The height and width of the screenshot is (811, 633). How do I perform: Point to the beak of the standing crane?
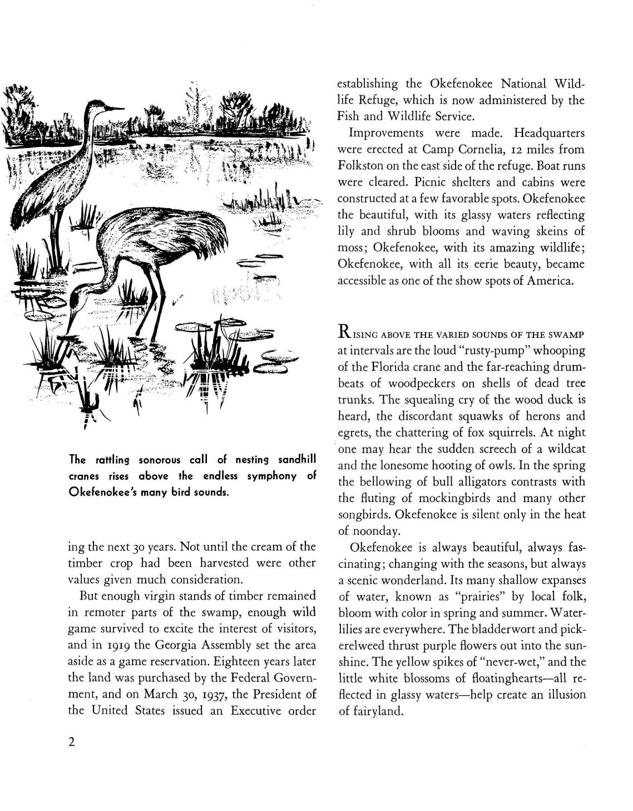116,107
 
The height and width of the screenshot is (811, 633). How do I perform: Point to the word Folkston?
359,166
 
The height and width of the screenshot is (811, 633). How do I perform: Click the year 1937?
224,694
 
